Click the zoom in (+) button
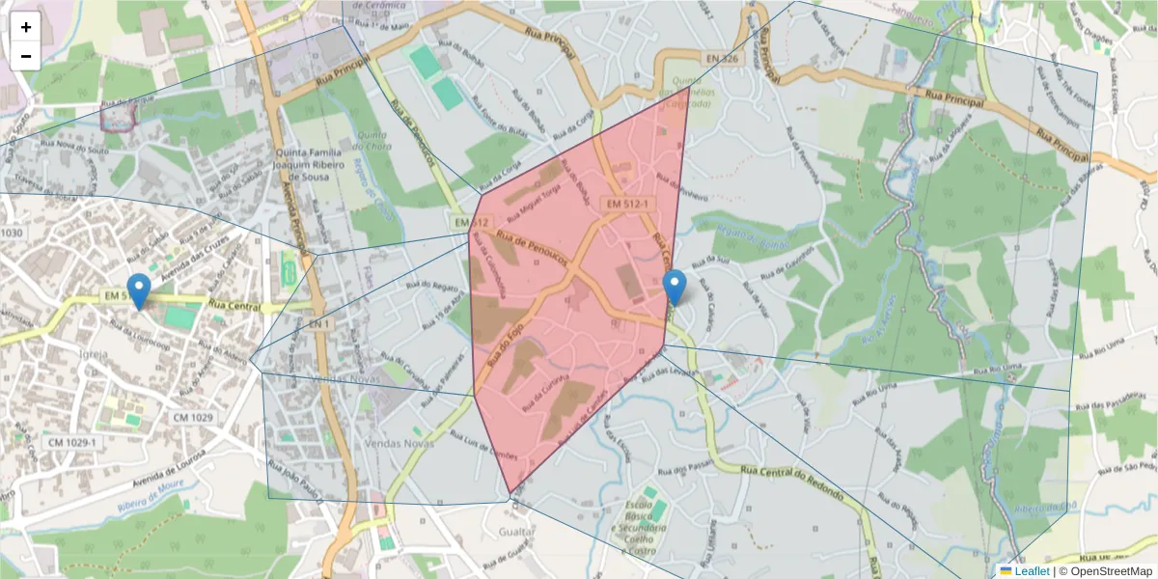point(26,27)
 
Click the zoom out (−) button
point(26,56)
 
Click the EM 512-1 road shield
point(629,205)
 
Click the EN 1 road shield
point(320,324)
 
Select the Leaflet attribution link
point(1032,571)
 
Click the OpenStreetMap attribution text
point(1111,571)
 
